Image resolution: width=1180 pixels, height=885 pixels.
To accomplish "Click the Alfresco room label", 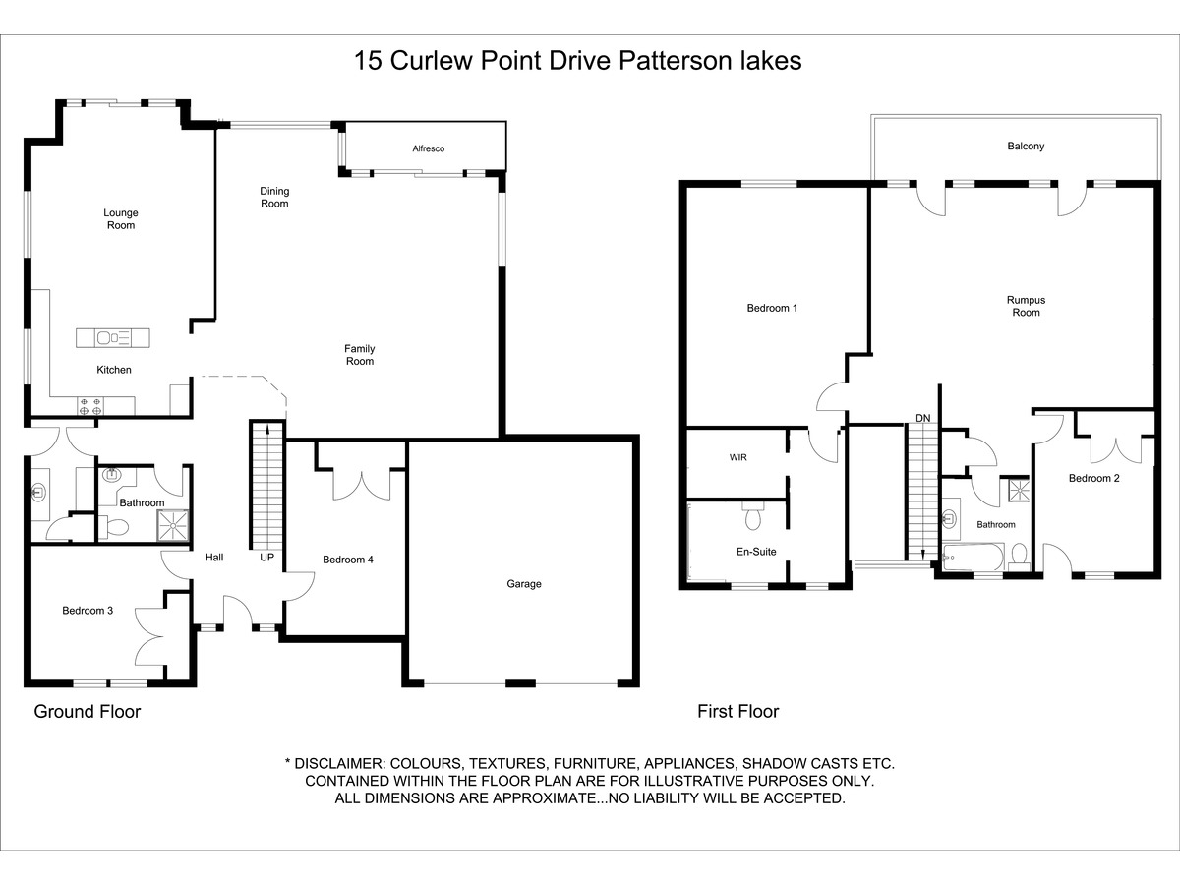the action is (x=429, y=148).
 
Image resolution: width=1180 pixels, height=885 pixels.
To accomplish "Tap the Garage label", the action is (x=523, y=584).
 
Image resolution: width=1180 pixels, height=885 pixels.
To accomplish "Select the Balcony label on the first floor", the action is (x=1026, y=147).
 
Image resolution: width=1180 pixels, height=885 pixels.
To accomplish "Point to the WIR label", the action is (x=738, y=458).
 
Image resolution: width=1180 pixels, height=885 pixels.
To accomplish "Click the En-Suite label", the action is (x=756, y=552).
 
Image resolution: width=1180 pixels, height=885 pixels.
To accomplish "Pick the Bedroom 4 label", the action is (x=348, y=560).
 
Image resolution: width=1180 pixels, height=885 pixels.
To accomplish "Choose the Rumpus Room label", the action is (x=1026, y=306).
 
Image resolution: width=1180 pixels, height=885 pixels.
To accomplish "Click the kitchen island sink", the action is (x=104, y=338).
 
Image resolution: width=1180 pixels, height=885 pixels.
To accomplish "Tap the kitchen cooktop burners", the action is (x=90, y=406).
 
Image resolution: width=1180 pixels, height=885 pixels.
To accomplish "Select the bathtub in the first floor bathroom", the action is (x=973, y=557).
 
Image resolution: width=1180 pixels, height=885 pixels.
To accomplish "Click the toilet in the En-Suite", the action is (x=753, y=516).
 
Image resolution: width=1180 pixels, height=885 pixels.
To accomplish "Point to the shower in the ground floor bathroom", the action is (x=173, y=525).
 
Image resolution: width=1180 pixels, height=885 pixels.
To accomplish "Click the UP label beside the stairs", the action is (x=267, y=558).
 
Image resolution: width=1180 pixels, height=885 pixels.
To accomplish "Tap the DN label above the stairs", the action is (x=923, y=419).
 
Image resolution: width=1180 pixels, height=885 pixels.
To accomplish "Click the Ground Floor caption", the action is (x=88, y=712).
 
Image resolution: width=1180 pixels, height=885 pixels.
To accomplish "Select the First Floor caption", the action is (x=738, y=712).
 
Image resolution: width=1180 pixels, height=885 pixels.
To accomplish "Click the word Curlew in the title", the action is (x=432, y=61).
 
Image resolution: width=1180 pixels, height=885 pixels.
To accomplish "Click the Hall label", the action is (x=214, y=558).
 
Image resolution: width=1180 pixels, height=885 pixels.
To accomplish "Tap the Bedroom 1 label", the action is (x=772, y=309).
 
